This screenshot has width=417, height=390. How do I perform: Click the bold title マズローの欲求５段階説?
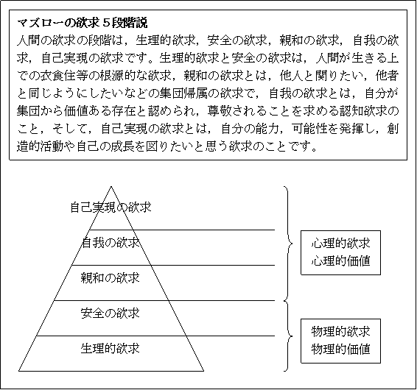[83, 23]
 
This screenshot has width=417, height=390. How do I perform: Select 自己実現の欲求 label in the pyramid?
[111, 208]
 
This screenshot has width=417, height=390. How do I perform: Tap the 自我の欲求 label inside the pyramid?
[111, 243]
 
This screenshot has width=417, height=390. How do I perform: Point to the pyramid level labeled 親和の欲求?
[111, 278]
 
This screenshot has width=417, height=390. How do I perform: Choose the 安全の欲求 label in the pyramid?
[111, 313]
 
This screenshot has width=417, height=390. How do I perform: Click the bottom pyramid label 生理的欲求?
[111, 349]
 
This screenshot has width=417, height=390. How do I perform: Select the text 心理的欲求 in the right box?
[340, 244]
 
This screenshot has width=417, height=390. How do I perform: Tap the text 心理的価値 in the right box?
[340, 261]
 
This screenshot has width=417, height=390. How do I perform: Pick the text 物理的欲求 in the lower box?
[340, 332]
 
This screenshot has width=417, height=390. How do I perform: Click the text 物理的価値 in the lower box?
[340, 350]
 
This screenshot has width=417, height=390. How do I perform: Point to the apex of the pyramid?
[111, 186]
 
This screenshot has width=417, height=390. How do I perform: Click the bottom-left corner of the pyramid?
[18, 371]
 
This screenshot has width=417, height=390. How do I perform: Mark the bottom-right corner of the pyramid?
[204, 371]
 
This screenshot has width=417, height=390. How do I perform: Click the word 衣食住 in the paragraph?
[58, 77]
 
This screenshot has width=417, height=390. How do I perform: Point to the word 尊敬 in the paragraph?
[220, 111]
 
